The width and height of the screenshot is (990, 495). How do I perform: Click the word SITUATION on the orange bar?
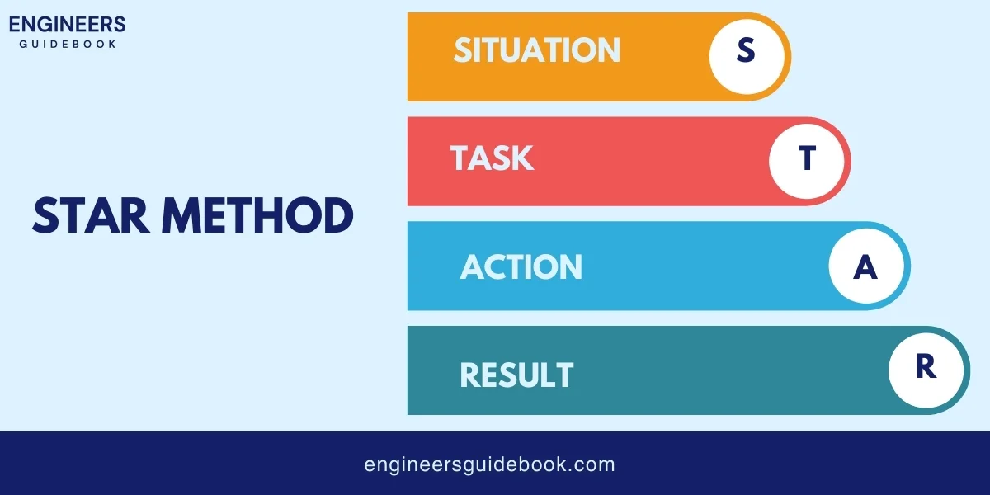click(536, 50)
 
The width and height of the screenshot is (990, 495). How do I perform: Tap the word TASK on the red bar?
click(492, 158)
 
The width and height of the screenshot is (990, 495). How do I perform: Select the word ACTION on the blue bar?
click(521, 266)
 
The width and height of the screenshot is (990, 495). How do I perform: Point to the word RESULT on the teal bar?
click(516, 375)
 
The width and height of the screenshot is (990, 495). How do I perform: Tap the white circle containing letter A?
click(865, 266)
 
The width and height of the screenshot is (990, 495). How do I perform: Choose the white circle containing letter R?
click(926, 368)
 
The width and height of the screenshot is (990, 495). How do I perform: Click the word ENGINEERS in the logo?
click(68, 24)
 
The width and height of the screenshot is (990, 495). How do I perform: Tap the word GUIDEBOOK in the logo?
click(68, 44)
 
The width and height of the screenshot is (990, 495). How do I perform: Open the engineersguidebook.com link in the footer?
click(489, 464)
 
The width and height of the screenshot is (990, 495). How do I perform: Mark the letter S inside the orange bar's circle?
click(746, 51)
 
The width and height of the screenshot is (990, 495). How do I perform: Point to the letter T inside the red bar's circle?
click(808, 158)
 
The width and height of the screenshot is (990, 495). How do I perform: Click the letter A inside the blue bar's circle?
click(865, 267)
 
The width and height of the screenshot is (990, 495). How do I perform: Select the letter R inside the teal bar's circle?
click(926, 368)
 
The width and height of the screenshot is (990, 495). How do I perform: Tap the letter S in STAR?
click(45, 216)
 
